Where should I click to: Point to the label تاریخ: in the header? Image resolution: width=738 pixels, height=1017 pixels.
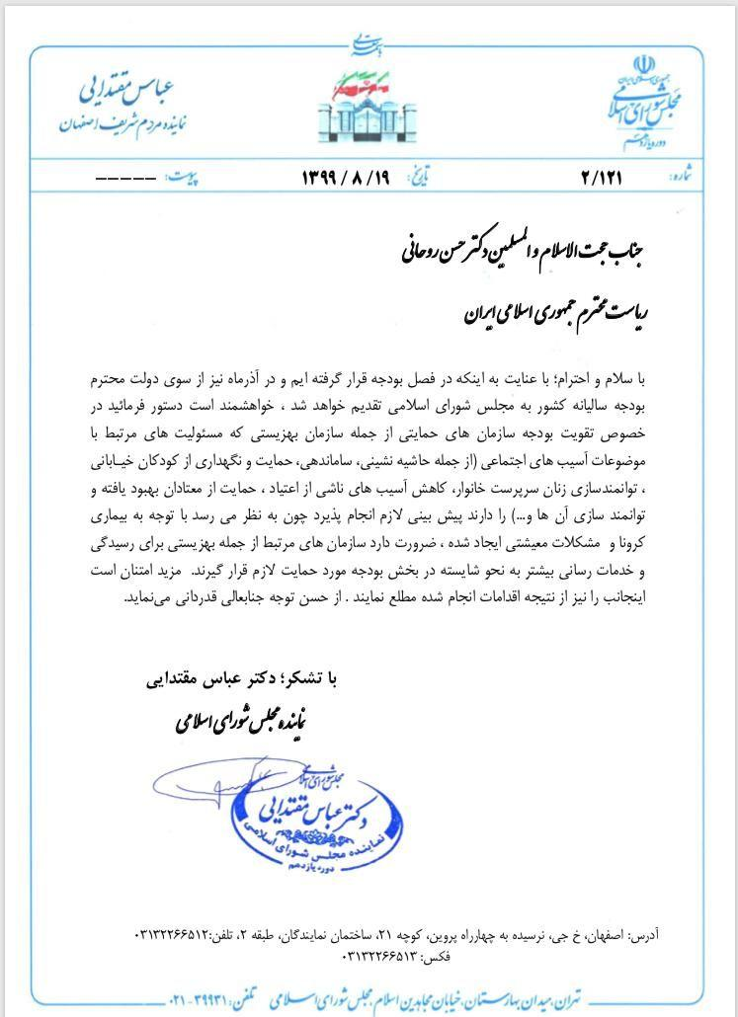(x=449, y=177)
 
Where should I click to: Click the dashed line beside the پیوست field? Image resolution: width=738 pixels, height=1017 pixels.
(x=125, y=179)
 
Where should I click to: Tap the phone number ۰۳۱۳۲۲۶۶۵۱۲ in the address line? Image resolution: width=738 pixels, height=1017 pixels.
(x=180, y=933)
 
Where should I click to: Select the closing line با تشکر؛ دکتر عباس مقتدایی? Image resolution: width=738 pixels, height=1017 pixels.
(x=242, y=680)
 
